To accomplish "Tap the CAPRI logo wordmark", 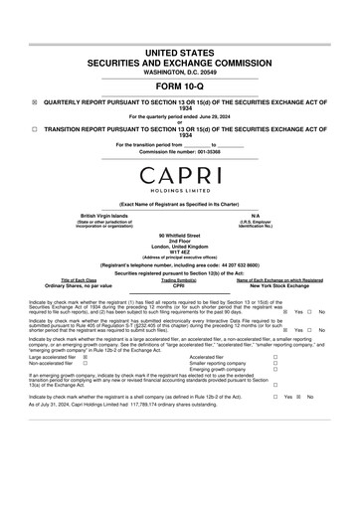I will [x=179, y=176].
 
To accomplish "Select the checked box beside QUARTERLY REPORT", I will [x=35, y=102].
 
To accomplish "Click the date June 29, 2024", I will [x=211, y=116].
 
